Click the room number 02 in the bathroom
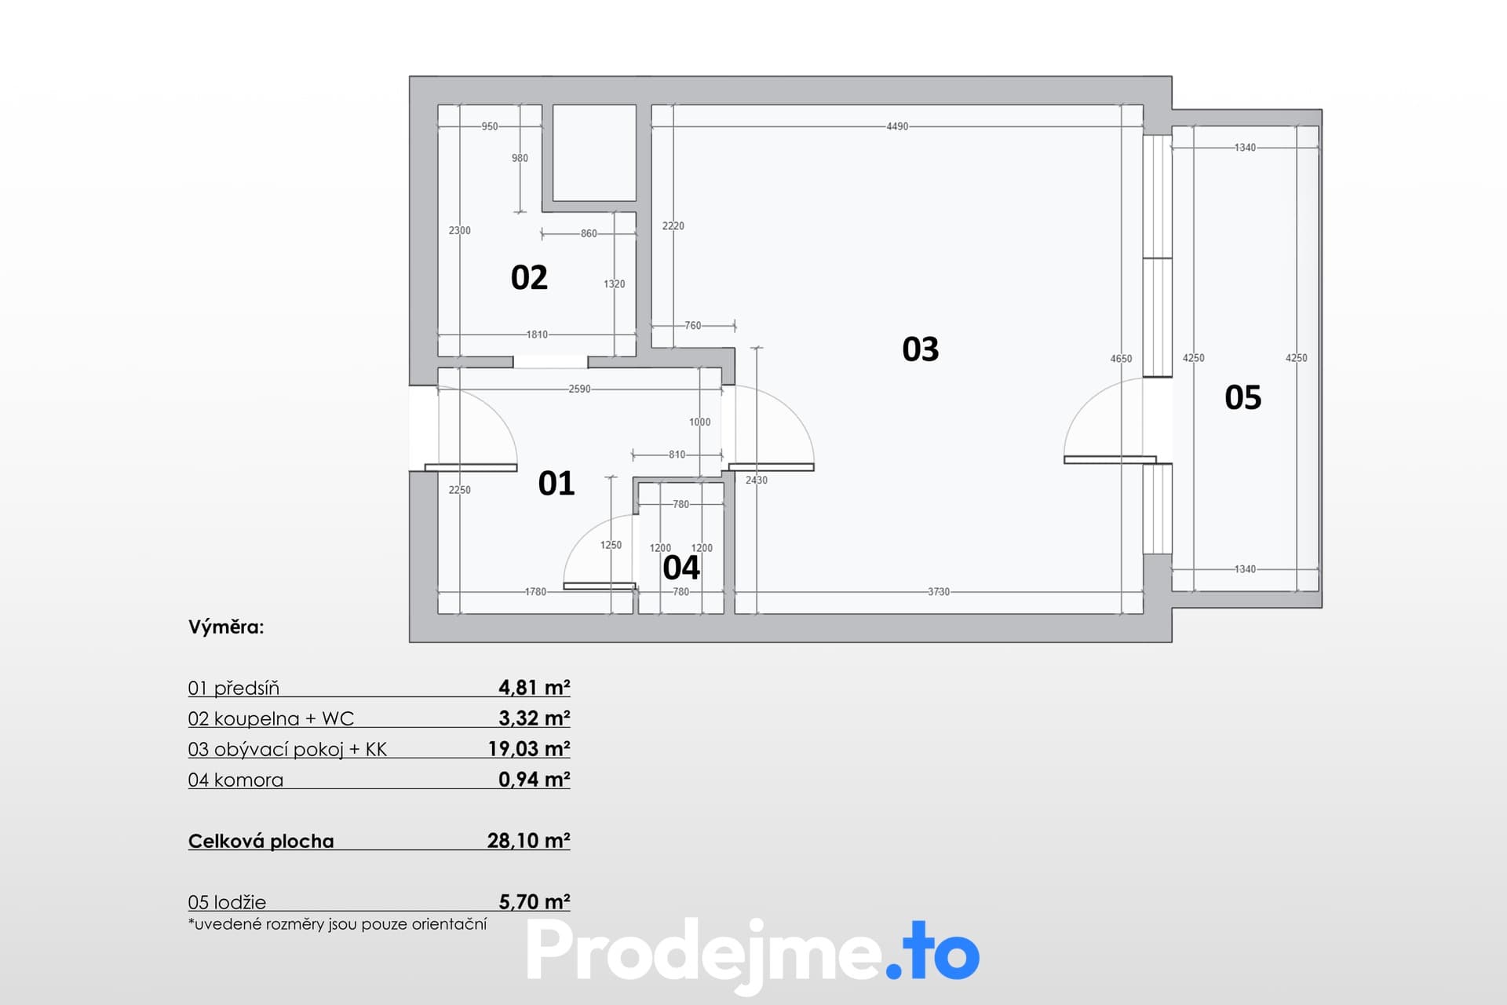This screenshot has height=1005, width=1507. [x=529, y=278]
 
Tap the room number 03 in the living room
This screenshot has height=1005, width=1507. [x=921, y=349]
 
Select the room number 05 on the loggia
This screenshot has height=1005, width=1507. [x=1243, y=398]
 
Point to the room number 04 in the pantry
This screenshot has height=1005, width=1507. [x=681, y=568]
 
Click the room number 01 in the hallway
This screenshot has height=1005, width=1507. [x=556, y=484]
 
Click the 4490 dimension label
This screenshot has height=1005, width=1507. [x=897, y=126]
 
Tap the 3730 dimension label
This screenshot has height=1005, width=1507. [x=939, y=592]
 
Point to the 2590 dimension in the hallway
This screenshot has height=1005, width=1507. [x=579, y=389]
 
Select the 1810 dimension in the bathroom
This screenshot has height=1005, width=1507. [x=537, y=334]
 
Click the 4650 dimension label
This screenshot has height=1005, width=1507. [x=1121, y=359]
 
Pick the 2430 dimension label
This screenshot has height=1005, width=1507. [x=757, y=480]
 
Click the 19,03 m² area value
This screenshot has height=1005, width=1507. [x=529, y=748]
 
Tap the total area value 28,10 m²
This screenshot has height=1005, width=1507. [x=529, y=840]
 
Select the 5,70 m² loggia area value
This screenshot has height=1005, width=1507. [x=535, y=901]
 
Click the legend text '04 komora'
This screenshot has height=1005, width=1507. [x=235, y=780]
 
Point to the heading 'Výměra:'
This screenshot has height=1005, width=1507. [x=226, y=627]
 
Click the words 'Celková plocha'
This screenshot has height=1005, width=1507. [x=261, y=841]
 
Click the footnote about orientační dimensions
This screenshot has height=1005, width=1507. [x=338, y=924]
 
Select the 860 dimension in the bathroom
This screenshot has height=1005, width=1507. [x=589, y=233]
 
